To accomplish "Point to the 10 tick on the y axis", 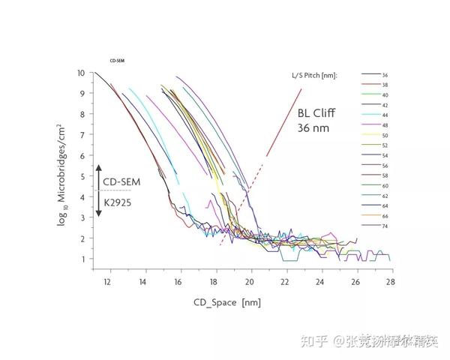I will pos(80,73).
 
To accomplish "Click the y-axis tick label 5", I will pos(82,176).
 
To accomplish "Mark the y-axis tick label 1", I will pos(82,259).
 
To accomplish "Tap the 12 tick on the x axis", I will pos(107,282).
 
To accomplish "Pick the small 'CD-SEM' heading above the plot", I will pos(116,59).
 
